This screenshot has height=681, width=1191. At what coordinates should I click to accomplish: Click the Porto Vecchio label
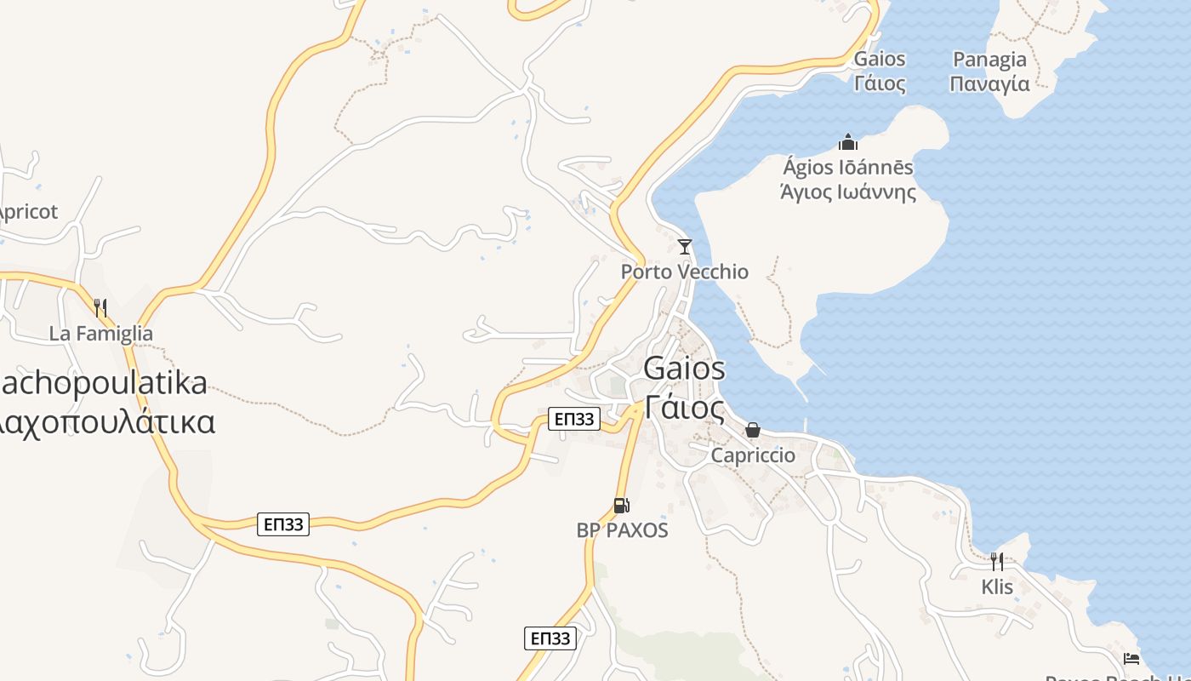(684, 272)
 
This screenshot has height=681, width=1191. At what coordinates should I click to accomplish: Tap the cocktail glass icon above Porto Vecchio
(684, 247)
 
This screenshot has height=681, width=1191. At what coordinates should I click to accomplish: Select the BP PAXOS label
(622, 530)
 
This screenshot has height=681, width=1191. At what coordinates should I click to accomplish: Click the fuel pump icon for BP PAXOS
(622, 506)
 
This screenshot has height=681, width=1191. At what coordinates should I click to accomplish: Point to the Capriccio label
(753, 455)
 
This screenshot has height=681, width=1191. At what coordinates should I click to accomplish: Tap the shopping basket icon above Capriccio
(753, 430)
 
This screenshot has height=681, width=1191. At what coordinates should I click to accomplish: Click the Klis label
(997, 587)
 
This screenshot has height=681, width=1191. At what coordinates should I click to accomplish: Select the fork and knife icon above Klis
(997, 562)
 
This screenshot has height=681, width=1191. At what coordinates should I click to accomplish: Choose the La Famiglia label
(100, 333)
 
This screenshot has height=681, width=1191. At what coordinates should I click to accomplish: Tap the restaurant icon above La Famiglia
(100, 307)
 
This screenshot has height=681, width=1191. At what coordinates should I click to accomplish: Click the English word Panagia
(989, 60)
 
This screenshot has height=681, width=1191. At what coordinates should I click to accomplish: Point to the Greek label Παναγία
(989, 84)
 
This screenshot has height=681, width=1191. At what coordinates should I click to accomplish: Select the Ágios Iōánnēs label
(848, 167)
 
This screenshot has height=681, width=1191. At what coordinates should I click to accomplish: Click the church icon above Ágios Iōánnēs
(848, 141)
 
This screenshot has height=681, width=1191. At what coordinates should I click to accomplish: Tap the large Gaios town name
(684, 369)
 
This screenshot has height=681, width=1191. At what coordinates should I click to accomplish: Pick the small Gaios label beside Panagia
(880, 60)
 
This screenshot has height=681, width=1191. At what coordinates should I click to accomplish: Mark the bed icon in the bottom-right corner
(1131, 658)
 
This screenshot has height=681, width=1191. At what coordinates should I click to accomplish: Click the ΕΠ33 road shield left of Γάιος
(573, 419)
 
